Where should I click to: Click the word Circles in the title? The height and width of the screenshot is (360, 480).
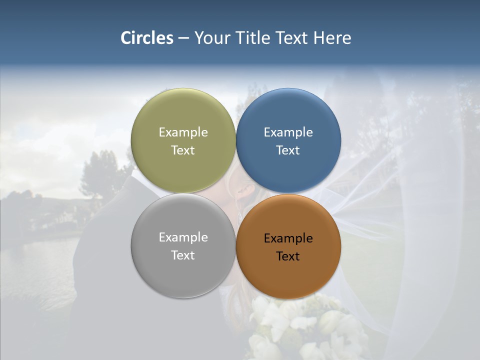pos(147,38)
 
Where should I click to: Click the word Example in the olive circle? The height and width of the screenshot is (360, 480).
pos(183,132)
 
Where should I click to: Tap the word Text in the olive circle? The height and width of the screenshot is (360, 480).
pos(183,150)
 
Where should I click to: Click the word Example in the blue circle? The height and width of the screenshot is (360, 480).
pos(288,132)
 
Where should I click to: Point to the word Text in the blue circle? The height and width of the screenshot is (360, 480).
pos(288,150)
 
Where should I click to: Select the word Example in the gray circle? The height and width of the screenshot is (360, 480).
pos(183,237)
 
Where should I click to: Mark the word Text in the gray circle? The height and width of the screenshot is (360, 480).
pos(183,255)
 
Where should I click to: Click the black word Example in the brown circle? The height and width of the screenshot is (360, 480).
pos(288,238)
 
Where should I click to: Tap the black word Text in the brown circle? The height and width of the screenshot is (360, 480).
pos(288,256)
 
